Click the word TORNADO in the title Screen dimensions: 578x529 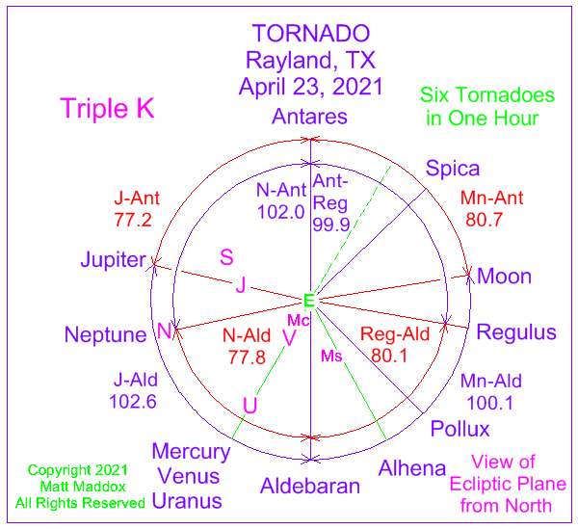pyautogui.click(x=311, y=34)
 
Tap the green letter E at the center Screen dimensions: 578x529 pyautogui.click(x=309, y=301)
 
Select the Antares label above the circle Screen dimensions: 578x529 pyautogui.click(x=309, y=117)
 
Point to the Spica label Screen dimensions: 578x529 pyautogui.click(x=453, y=169)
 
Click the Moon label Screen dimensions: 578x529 pyautogui.click(x=504, y=277)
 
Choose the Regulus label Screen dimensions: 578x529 pyautogui.click(x=516, y=332)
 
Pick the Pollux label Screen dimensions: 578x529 pyautogui.click(x=460, y=429)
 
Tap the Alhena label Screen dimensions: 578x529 pyautogui.click(x=412, y=468)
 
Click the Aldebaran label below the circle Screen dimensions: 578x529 pyautogui.click(x=310, y=486)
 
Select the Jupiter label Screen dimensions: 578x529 pyautogui.click(x=113, y=259)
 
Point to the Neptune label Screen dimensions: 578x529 pyautogui.click(x=105, y=334)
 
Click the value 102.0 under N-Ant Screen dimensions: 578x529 pyautogui.click(x=281, y=212)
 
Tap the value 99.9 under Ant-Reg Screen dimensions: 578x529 pyautogui.click(x=331, y=225)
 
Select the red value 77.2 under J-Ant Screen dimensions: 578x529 pyautogui.click(x=133, y=220)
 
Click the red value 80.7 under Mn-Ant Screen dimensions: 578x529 pyautogui.click(x=484, y=220)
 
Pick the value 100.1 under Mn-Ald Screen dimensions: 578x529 pyautogui.click(x=490, y=403)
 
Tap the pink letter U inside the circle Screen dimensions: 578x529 pyautogui.click(x=250, y=406)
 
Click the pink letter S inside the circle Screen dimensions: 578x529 pyautogui.click(x=226, y=257)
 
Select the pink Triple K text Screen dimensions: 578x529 pyautogui.click(x=107, y=108)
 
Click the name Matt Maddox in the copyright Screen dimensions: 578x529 pyautogui.click(x=83, y=487)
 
